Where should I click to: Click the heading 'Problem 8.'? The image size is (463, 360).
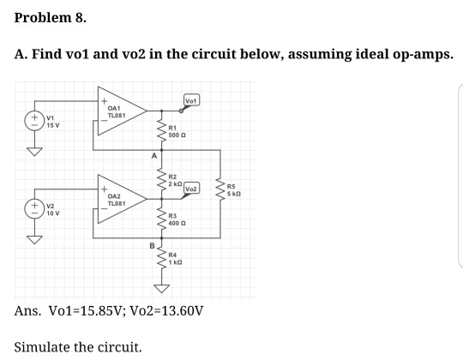point(50,17)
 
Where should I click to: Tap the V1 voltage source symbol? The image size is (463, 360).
point(35,120)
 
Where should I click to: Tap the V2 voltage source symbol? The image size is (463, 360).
point(35,207)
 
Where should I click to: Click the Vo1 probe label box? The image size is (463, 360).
point(193,101)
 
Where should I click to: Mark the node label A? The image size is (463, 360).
point(154,156)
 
